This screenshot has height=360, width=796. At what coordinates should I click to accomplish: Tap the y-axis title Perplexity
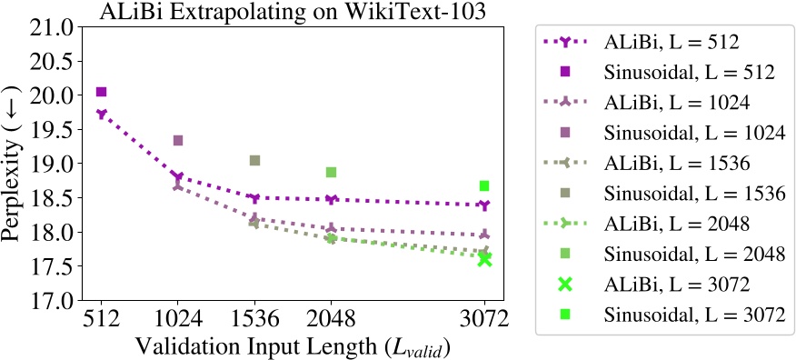15,164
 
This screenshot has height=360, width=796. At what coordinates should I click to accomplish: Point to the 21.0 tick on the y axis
52,27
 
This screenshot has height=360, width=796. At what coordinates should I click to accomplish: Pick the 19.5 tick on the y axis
52,130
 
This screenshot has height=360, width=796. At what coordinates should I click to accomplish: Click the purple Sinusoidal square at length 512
101,92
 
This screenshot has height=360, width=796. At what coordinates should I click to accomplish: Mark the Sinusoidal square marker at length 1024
178,140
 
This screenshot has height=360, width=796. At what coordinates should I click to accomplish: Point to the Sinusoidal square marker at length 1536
254,161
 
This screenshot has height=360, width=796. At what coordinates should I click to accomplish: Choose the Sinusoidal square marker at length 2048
332,172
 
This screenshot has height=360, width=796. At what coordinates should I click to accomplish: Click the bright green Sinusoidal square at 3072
484,185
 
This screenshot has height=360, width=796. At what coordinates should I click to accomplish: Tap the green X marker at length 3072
484,259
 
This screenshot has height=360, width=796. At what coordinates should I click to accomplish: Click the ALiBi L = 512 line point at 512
101,115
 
